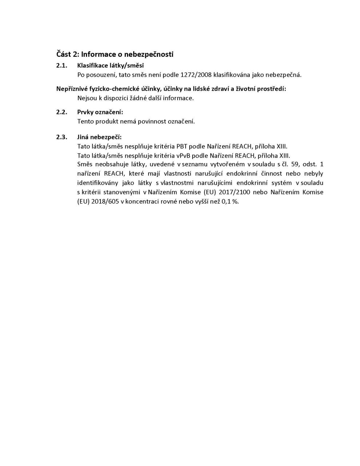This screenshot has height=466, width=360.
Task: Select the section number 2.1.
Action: pyautogui.click(x=62, y=66)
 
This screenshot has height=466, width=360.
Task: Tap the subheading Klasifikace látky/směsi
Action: pyautogui.click(x=110, y=66)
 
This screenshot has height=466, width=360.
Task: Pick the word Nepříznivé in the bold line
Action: pyautogui.click(x=72, y=89)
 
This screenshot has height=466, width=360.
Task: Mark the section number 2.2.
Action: pyautogui.click(x=62, y=112)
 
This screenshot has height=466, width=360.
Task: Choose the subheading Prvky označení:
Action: pyautogui.click(x=100, y=112)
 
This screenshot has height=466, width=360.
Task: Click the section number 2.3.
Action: pyautogui.click(x=62, y=137)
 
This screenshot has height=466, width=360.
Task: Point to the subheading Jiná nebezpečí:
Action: pyautogui.click(x=99, y=137)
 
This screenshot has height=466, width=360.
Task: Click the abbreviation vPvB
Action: pyautogui.click(x=183, y=156)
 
